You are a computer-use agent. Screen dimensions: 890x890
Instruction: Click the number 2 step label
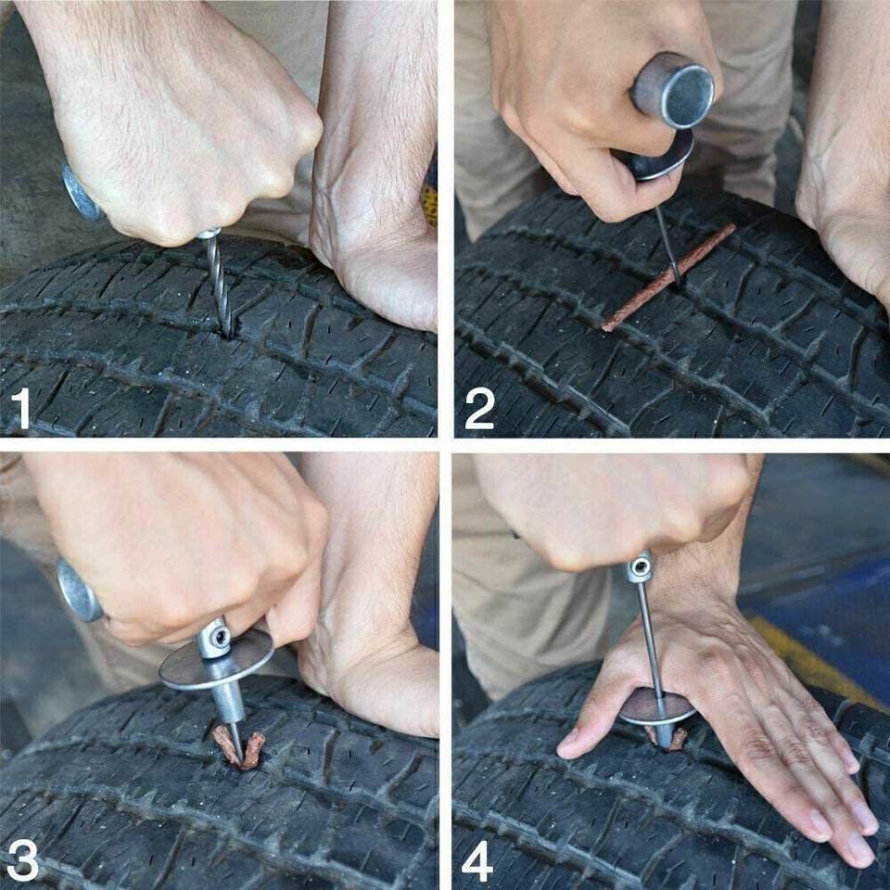479,408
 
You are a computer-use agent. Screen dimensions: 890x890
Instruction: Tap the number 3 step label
22,860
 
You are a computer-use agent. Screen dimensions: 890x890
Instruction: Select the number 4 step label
477,860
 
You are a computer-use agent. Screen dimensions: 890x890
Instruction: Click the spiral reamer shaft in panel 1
218,283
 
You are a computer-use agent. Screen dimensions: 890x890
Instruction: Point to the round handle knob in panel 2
673,89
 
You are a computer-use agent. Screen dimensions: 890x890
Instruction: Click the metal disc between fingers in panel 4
656,706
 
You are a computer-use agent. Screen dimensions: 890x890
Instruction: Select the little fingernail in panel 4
858,845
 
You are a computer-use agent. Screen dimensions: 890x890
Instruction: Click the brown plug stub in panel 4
678,739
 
